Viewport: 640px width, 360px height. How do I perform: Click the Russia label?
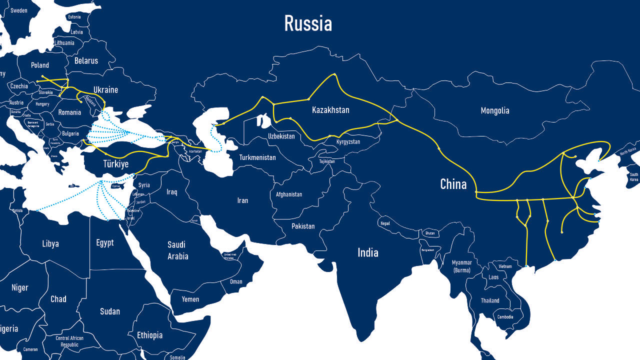308,23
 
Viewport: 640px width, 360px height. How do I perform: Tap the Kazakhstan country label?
330,110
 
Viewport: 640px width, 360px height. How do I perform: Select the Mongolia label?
494,110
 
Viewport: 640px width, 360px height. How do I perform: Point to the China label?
453,184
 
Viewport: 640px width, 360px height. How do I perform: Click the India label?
367,252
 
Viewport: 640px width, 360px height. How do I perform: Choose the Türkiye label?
115,164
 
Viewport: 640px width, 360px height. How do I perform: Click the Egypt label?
105,243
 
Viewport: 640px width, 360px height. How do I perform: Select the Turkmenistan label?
257,157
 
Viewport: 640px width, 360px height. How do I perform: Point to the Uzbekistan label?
281,136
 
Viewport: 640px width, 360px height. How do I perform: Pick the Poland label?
40,65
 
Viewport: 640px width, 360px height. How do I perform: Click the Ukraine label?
105,90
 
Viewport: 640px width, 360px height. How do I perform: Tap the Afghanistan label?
289,194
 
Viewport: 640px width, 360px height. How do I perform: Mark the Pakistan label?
303,226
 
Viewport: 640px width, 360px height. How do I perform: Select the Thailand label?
490,300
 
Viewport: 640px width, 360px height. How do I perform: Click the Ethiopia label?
149,335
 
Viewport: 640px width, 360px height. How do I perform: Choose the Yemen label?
190,299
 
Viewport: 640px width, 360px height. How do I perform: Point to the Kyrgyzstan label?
348,142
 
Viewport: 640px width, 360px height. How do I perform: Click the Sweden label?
19,10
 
